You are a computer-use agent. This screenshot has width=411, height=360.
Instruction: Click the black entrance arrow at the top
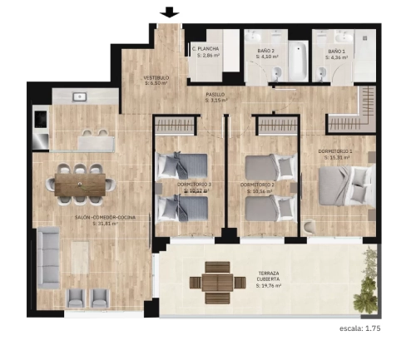(x=171, y=12)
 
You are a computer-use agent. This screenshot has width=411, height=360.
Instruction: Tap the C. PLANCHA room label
(x=205, y=52)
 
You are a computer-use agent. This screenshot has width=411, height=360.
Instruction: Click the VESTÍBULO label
(x=156, y=80)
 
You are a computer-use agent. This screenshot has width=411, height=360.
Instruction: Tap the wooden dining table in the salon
(x=81, y=184)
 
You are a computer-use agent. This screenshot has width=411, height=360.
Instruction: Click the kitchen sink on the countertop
(x=81, y=97)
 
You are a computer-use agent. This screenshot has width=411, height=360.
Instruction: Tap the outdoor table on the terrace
(x=215, y=282)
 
